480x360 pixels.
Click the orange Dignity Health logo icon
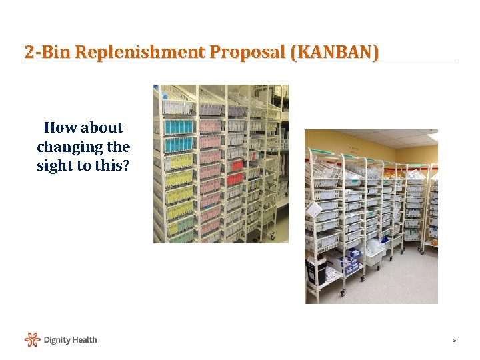pos(33,340)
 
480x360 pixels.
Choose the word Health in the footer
pos(85,340)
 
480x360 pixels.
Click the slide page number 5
pos(454,341)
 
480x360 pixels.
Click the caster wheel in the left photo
pos(271,235)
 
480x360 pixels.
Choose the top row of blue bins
pos(179,127)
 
